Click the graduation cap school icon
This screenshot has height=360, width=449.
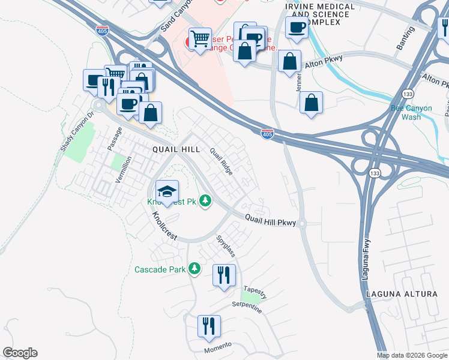[167, 192]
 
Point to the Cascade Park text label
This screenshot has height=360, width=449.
[160, 269]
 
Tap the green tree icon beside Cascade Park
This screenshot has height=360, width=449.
[194, 268]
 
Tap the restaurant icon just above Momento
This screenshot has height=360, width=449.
[209, 327]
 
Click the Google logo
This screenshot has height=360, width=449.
[20, 353]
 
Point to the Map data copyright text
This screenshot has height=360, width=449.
[411, 355]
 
